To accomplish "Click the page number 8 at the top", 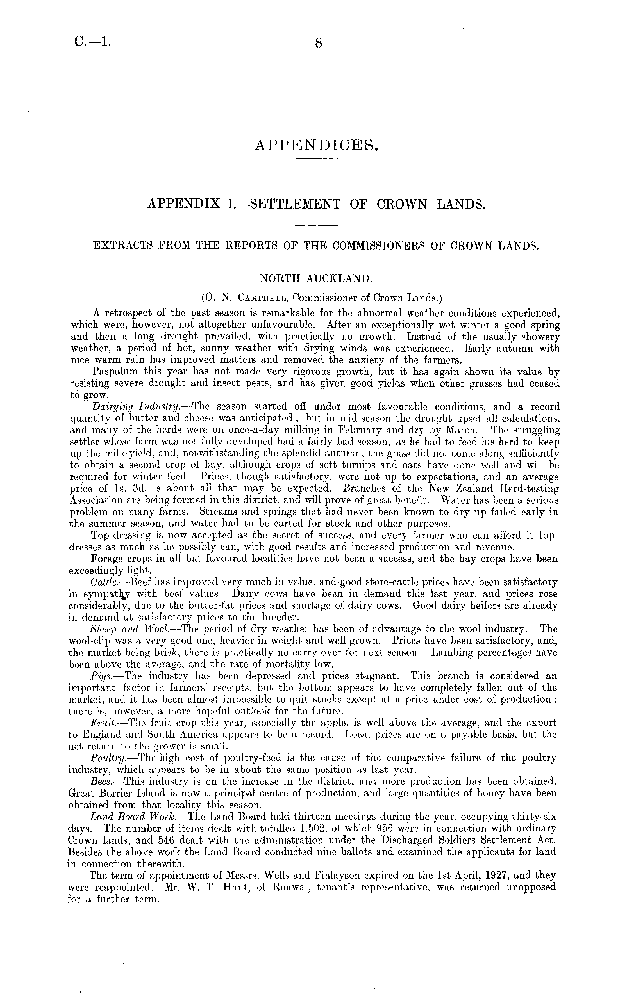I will click(319, 43).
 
